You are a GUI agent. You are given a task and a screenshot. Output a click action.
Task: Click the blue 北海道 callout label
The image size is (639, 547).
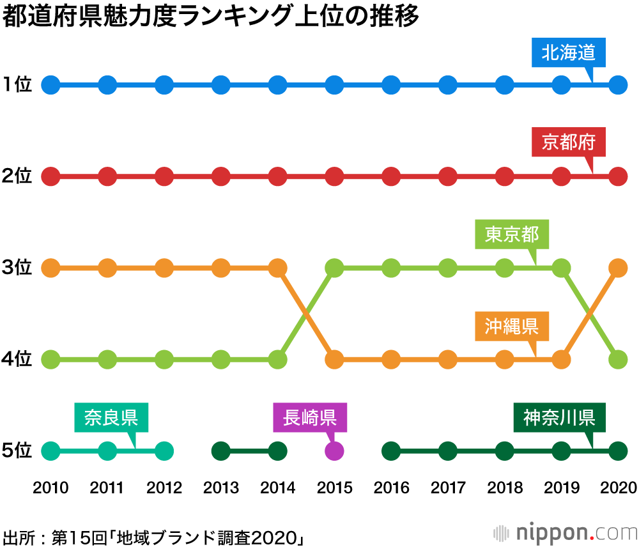(568, 53)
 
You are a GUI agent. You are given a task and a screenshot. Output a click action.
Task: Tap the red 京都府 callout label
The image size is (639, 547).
(568, 143)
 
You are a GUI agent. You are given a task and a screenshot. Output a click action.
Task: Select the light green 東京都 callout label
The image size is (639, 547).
(512, 235)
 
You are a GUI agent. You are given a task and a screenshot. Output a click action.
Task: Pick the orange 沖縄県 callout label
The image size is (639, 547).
(512, 326)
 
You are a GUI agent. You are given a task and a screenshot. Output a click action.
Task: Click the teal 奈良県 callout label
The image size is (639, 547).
(111, 418)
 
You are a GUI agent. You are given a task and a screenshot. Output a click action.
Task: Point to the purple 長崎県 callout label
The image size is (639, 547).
(310, 418)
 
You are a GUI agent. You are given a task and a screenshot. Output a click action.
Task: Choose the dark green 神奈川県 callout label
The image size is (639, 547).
(559, 418)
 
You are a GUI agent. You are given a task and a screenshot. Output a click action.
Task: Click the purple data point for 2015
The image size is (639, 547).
(334, 451)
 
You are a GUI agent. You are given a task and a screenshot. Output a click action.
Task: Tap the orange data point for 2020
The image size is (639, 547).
(617, 268)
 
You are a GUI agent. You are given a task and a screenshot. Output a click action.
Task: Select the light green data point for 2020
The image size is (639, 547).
(617, 360)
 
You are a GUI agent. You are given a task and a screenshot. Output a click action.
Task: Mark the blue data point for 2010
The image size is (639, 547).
(50, 84)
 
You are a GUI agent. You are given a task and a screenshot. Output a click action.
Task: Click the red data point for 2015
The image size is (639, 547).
(334, 176)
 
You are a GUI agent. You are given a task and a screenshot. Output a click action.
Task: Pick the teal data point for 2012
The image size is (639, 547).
(164, 451)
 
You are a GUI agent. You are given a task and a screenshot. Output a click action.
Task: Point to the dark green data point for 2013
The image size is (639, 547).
(221, 451)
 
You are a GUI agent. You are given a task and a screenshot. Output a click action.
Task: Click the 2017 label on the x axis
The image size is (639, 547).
(448, 489)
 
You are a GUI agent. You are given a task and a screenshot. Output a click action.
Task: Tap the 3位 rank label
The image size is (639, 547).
(17, 268)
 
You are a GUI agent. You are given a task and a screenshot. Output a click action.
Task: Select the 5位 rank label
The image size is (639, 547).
(17, 451)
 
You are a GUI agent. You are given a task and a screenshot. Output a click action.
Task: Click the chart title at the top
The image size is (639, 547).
(211, 17)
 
